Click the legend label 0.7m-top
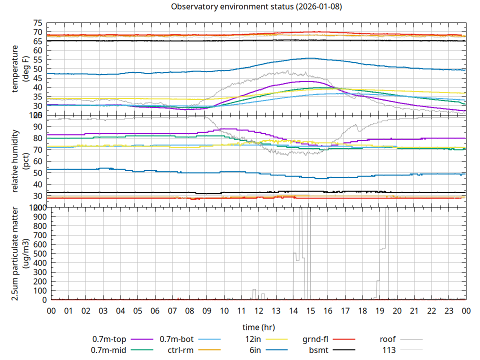point(109,339)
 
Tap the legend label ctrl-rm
point(180,350)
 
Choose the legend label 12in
point(253,339)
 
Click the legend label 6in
point(255,350)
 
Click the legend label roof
point(387,339)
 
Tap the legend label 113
point(389,350)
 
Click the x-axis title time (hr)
point(258,327)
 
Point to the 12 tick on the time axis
point(258,311)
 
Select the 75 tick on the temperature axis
point(37,23)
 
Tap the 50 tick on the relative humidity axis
point(37,172)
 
